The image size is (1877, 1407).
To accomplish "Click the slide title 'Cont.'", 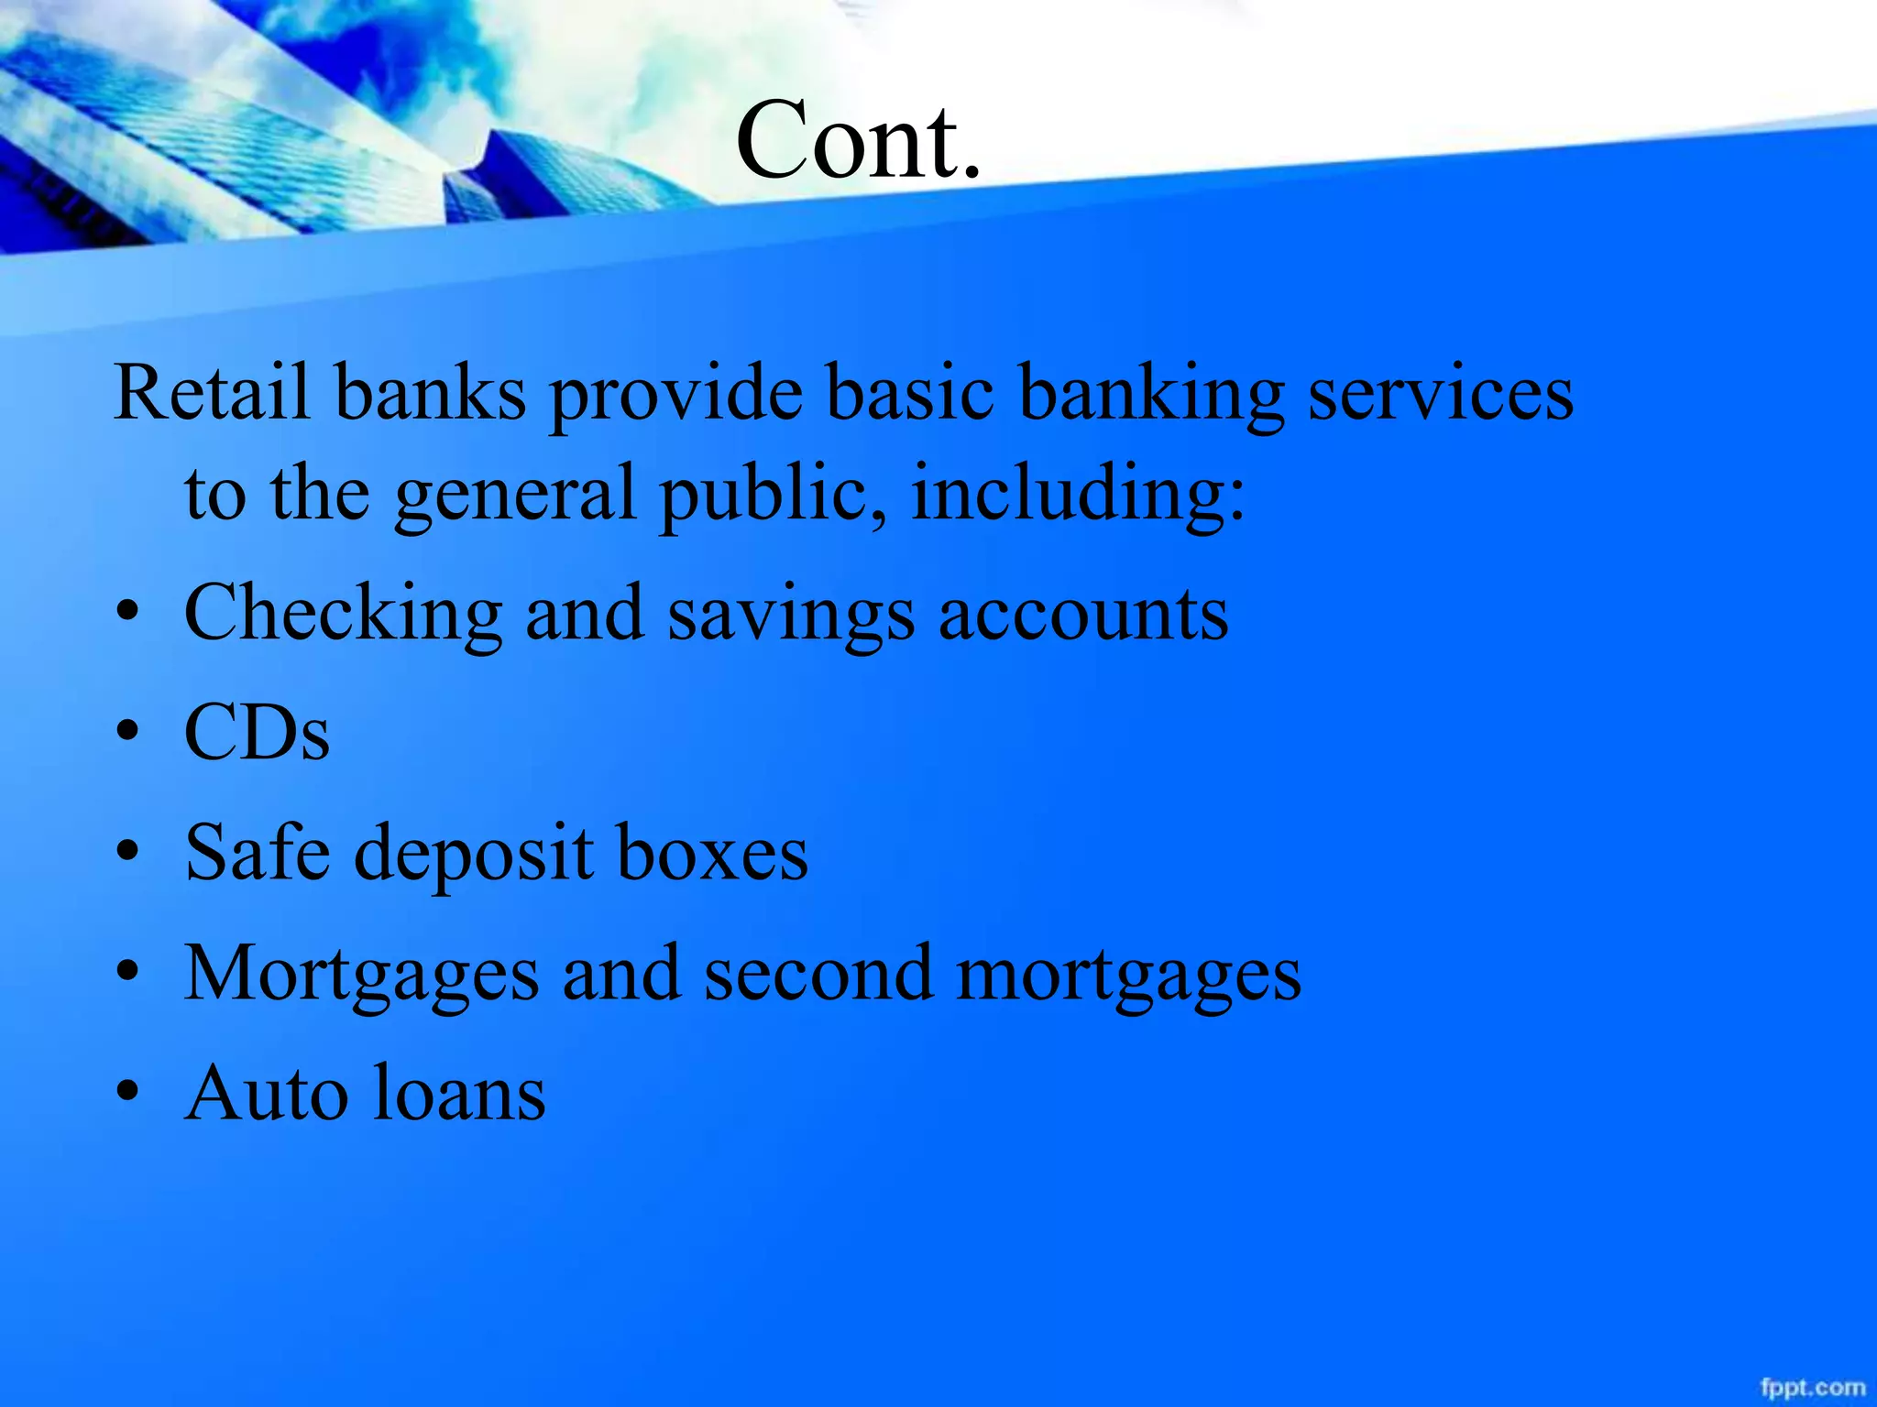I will [x=858, y=140].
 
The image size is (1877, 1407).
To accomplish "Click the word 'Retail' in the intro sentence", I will [x=212, y=393].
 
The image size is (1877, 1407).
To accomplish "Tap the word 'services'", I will [x=1440, y=393].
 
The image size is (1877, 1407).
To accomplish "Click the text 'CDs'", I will [x=257, y=733].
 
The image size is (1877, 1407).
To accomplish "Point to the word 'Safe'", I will [x=258, y=852].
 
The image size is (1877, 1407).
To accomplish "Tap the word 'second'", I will [x=818, y=973].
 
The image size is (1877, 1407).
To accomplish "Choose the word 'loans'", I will [x=461, y=1093].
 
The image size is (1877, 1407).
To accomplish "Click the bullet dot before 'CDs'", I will [x=129, y=733].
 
